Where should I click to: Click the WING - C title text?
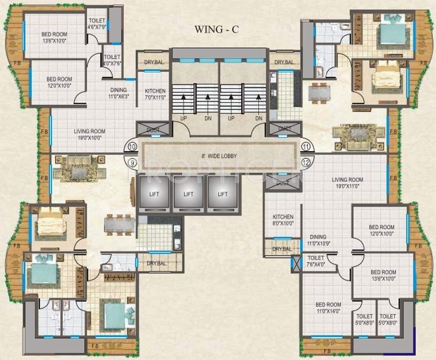coord(216,29)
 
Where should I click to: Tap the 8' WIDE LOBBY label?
coord(219,156)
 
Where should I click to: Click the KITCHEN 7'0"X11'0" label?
coord(155,94)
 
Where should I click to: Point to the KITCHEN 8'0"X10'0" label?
coord(283,220)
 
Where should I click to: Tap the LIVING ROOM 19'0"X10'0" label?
coord(89,134)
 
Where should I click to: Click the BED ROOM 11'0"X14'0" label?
coord(328,308)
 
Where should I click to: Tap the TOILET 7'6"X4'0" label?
coord(316,261)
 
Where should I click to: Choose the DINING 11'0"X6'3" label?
coord(118,93)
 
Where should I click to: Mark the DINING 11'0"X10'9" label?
coord(318,240)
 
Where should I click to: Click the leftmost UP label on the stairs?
coord(183,117)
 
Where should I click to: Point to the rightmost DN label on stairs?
coord(258,117)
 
